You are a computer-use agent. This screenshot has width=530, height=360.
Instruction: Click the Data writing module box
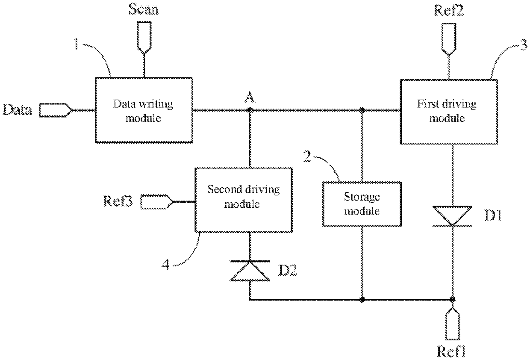point(144,110)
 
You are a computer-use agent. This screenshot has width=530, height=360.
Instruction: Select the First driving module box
point(449,112)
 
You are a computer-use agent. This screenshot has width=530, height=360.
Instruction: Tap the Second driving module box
point(244,200)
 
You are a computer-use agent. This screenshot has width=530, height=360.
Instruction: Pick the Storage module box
point(362,204)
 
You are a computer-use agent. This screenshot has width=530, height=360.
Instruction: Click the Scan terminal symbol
point(144,37)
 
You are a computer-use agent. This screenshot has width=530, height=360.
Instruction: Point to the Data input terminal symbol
point(56,110)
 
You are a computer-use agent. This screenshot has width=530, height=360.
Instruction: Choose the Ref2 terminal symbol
point(449,39)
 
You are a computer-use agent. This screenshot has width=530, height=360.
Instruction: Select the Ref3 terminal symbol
point(156,202)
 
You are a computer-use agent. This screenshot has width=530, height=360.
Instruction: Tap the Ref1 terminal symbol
point(452,324)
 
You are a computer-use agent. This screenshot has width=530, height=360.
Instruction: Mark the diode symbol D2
point(250,271)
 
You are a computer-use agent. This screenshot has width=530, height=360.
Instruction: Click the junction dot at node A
point(250,110)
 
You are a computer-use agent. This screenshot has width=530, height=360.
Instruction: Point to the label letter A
point(250,97)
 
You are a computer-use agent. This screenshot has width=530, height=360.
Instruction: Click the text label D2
point(288,270)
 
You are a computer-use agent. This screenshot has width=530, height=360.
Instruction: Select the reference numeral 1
point(76,44)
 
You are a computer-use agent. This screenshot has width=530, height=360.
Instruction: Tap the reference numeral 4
point(166,264)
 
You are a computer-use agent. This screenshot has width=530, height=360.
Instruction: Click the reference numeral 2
point(307,156)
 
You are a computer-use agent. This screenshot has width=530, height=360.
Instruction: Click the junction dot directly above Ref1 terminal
point(452,300)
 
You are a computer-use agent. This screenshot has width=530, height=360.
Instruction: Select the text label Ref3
point(118,201)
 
